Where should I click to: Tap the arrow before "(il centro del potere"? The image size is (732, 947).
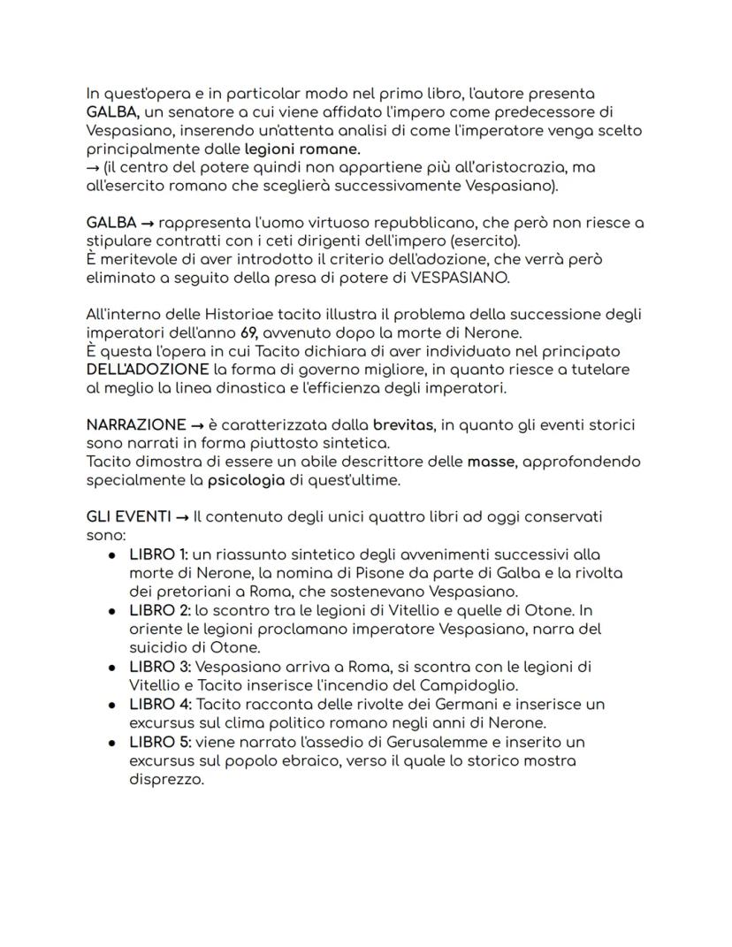coord(93,167)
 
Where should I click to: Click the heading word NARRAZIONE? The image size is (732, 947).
coord(136,424)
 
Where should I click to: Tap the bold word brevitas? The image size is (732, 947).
coord(403,424)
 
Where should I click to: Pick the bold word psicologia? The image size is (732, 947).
coord(247,480)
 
